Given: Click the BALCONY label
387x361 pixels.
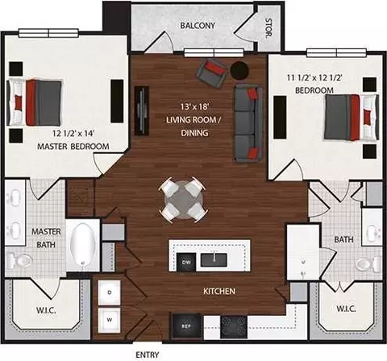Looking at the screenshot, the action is point(198,26).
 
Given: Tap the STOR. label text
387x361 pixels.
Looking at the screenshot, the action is point(268,27).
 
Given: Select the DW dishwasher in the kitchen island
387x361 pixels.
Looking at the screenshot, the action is point(186,262).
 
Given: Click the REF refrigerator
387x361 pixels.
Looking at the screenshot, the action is point(185,326).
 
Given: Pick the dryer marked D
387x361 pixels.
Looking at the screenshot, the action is point(110,293).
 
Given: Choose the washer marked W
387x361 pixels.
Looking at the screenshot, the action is point(110,320).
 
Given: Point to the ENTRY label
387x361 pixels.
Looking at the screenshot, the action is point(148,355).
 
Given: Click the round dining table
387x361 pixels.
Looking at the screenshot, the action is point(184,200).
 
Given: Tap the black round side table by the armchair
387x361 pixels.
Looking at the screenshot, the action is point(239,71).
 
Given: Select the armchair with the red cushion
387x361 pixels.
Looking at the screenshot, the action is point(211,73).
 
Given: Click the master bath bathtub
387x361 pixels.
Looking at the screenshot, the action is point(82,247).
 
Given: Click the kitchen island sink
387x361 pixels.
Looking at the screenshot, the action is point(214,260).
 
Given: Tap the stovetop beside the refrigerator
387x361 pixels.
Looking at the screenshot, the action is point(234,327).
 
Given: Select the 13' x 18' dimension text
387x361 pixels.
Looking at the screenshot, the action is point(194,106).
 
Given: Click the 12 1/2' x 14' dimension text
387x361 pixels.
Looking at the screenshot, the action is point(73,133).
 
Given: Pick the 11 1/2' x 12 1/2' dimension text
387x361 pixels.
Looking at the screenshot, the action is point(314,78).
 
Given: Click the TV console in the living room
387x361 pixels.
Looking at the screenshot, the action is point(142,110).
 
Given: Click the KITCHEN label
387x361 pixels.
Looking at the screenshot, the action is point(219,291).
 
